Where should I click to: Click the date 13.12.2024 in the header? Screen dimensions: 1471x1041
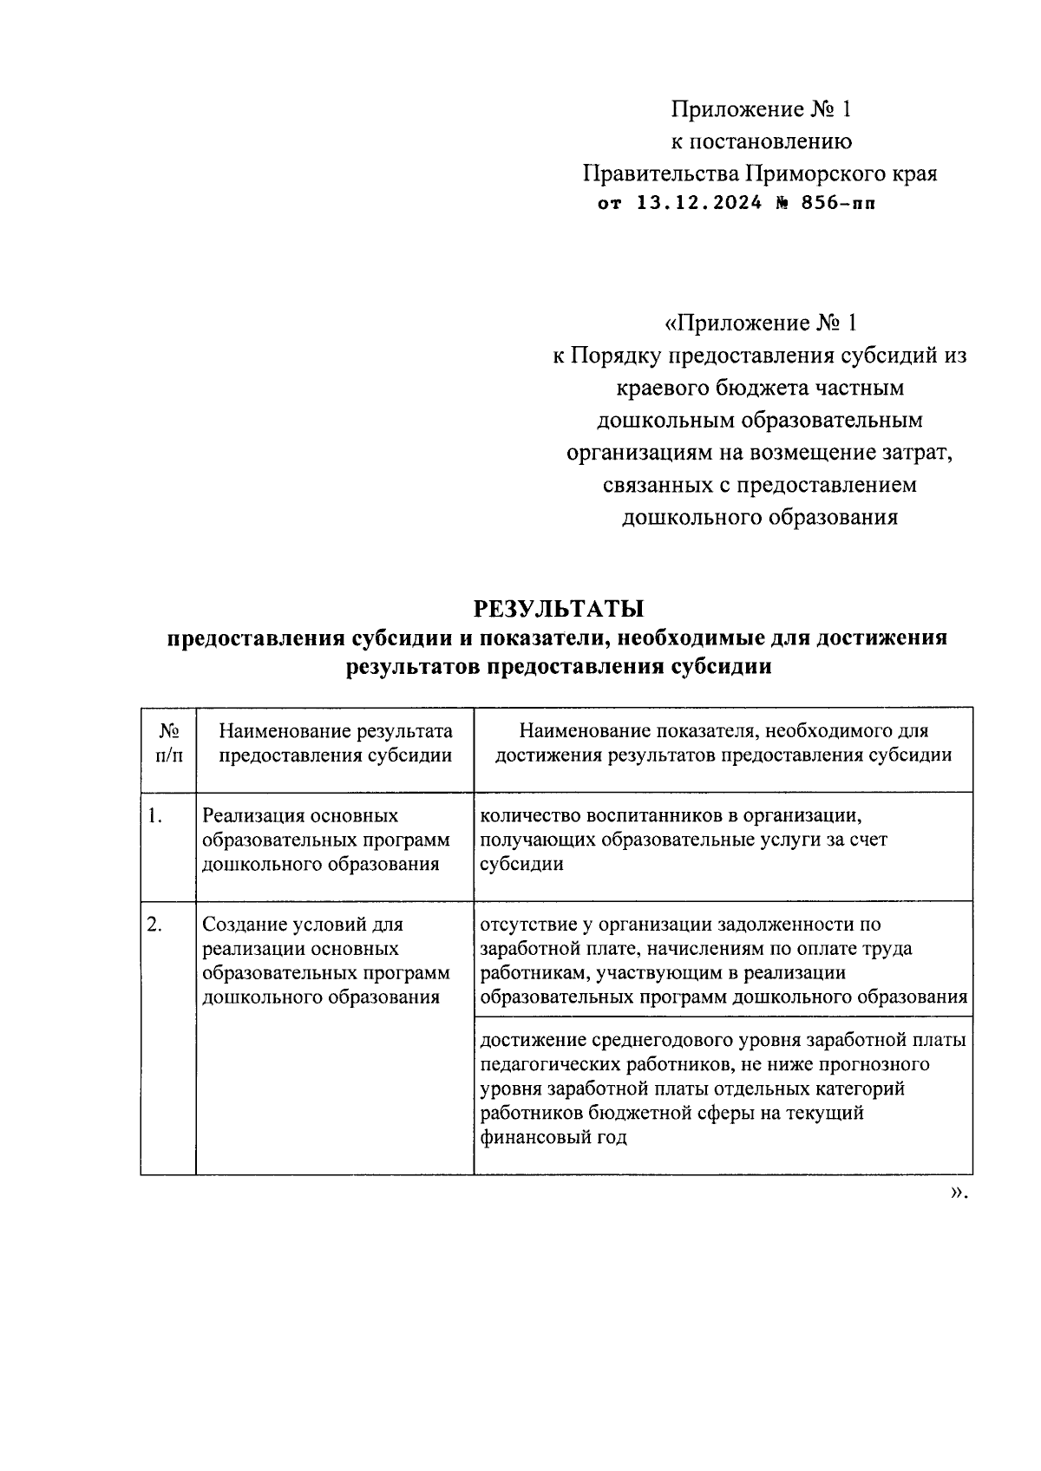pyautogui.click(x=700, y=204)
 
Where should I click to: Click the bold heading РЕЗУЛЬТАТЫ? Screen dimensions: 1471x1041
pyautogui.click(x=559, y=605)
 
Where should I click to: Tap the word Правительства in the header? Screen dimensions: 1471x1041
pyautogui.click(x=660, y=173)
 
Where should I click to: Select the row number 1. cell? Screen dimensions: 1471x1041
pyautogui.click(x=155, y=815)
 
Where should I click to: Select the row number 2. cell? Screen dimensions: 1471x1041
pyautogui.click(x=155, y=925)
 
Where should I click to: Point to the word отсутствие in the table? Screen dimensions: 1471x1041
pyautogui.click(x=528, y=925)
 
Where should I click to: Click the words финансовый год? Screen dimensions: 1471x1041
pyautogui.click(x=553, y=1137)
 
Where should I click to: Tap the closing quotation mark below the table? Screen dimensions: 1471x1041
pyautogui.click(x=958, y=1193)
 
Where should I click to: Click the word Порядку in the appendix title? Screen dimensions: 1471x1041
pyautogui.click(x=615, y=355)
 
